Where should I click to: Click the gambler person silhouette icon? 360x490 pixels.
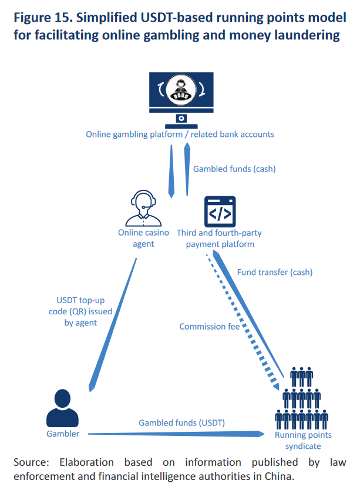62,408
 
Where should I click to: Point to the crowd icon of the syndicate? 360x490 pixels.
302,400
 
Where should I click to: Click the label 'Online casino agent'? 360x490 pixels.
144,238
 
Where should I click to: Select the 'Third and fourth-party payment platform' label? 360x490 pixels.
220,238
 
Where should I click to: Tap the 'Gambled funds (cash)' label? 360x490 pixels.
234,169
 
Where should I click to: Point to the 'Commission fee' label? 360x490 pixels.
210,327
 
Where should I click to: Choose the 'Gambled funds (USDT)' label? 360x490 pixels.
181,422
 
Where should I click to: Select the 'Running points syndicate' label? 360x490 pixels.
303,440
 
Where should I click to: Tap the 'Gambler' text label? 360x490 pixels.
63,434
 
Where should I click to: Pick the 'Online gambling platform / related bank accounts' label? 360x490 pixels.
180,134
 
